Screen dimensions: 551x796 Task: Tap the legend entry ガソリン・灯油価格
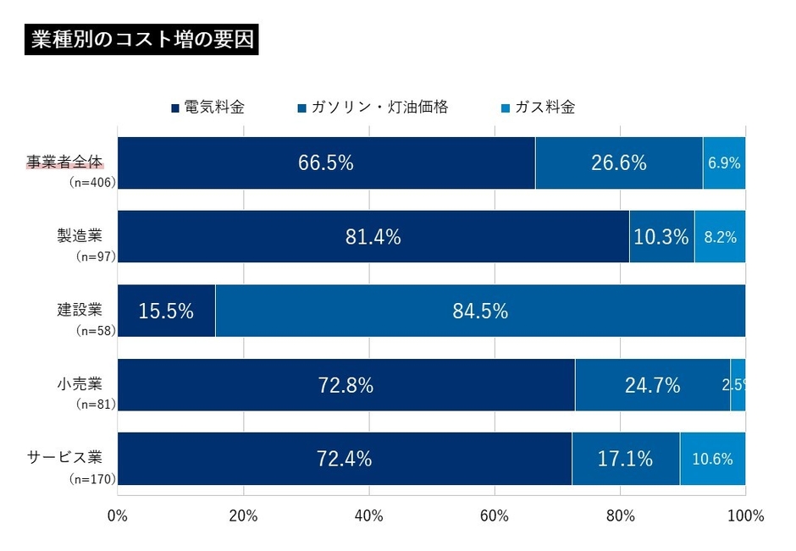point(372,107)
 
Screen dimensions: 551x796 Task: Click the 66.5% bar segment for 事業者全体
point(326,163)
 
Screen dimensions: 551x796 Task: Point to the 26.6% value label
point(618,163)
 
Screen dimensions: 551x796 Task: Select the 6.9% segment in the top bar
point(724,163)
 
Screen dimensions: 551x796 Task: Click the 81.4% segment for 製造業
point(373,237)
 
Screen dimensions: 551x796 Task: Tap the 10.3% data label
point(661,237)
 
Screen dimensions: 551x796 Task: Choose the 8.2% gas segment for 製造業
point(720,237)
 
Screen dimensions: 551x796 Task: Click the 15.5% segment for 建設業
point(166,311)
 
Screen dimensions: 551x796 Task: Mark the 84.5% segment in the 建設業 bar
point(480,311)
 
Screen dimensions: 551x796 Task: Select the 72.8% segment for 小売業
point(345,385)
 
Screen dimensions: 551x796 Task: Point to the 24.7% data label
point(652,385)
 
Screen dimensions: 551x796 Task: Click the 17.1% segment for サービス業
point(625,459)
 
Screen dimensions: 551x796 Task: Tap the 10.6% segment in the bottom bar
point(712,459)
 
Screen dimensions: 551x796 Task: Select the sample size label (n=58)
point(95,330)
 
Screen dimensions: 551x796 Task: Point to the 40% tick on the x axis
point(369,515)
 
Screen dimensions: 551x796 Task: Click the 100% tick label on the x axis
point(745,515)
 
